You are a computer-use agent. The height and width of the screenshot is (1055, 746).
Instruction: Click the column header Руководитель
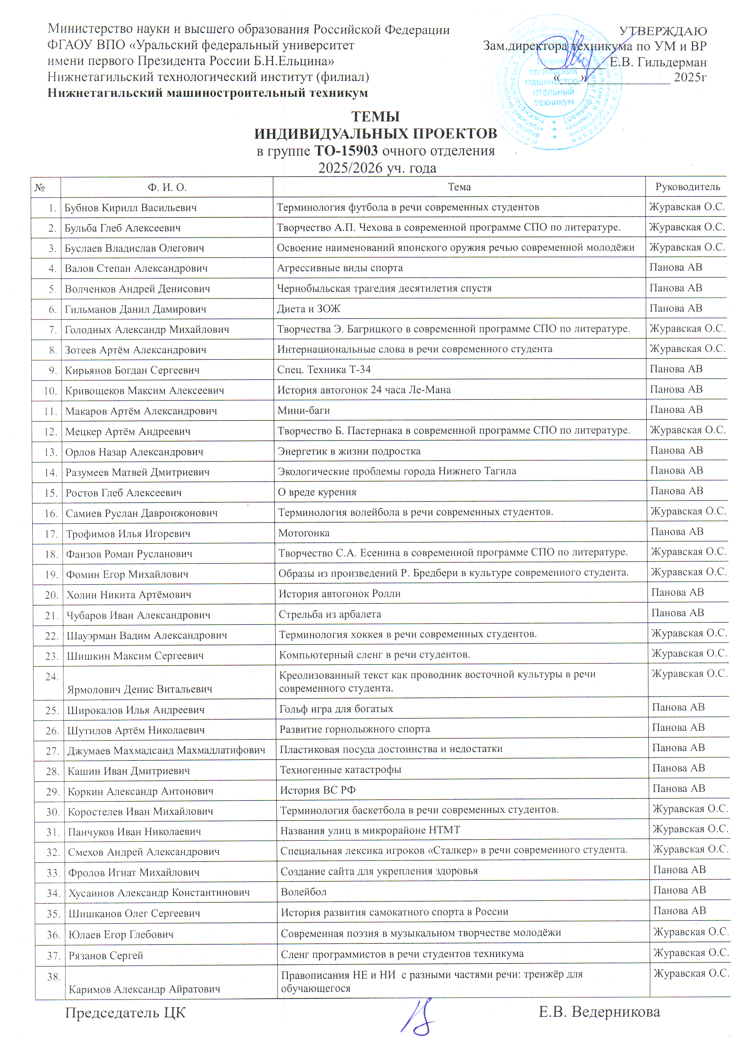click(687, 187)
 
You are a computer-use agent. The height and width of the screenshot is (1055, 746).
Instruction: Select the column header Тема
click(459, 187)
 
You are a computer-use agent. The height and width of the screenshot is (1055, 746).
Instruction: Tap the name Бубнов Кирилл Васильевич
click(131, 208)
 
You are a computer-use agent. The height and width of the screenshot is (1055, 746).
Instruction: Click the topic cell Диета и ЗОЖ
click(309, 309)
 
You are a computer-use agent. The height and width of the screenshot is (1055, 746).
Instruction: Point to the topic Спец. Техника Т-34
click(324, 369)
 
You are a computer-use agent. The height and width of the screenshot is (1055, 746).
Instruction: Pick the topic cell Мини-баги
click(304, 410)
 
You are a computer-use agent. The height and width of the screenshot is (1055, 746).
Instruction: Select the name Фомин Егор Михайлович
click(127, 574)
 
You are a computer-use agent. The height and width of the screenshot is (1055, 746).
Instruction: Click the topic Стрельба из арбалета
click(330, 614)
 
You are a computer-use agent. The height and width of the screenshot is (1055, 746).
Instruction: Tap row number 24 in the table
click(51, 677)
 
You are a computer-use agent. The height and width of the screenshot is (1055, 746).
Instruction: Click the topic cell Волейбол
click(304, 892)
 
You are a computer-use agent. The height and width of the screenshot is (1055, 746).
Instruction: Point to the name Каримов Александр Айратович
click(144, 989)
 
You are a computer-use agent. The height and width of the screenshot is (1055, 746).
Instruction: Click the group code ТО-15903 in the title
click(346, 151)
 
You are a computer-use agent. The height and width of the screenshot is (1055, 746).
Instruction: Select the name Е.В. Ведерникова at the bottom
click(599, 1012)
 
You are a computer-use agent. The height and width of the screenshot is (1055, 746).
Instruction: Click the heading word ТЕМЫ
click(375, 117)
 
